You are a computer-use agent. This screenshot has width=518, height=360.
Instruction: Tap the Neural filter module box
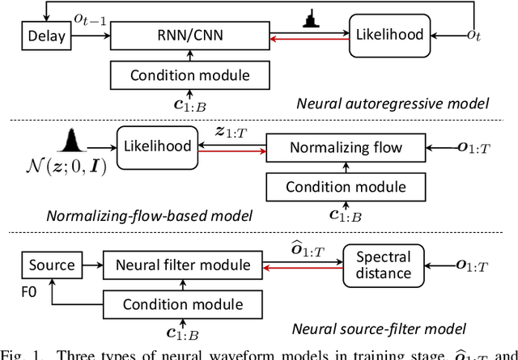182,265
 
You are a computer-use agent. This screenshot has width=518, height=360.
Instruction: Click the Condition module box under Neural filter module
182,304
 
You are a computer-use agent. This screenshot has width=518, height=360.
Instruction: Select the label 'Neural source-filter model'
401,328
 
